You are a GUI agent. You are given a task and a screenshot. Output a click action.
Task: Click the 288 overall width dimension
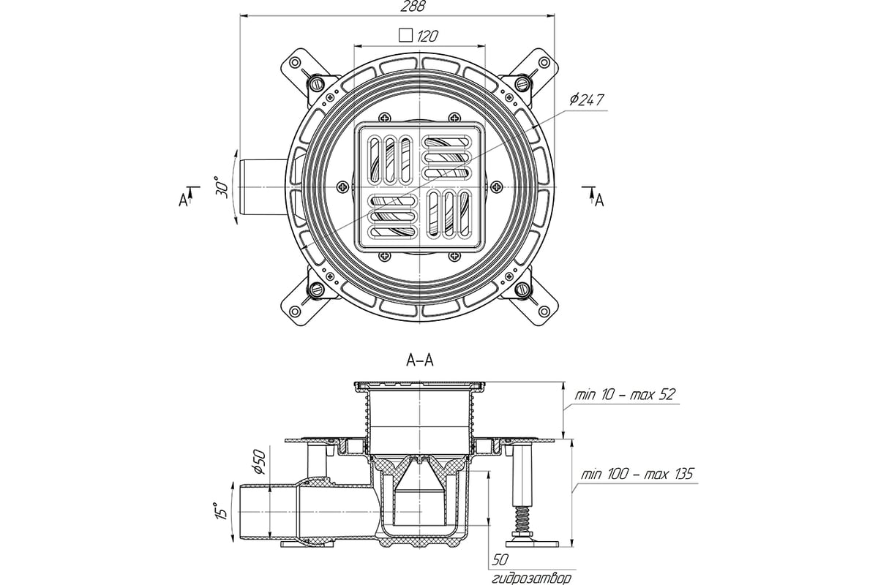pyautogui.click(x=413, y=7)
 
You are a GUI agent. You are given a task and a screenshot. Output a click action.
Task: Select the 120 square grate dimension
pyautogui.click(x=427, y=36)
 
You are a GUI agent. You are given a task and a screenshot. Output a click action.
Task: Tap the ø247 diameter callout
pyautogui.click(x=586, y=100)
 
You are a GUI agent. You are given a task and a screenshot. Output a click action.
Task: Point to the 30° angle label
pyautogui.click(x=222, y=188)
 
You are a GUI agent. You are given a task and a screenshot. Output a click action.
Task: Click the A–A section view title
pyautogui.click(x=420, y=360)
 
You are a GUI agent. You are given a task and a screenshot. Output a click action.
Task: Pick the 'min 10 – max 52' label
pyautogui.click(x=625, y=394)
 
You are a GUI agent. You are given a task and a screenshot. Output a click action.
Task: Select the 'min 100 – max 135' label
pyautogui.click(x=637, y=474)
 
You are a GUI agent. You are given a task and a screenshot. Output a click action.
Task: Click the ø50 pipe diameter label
pyautogui.click(x=259, y=462)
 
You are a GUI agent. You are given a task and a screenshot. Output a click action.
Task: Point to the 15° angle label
pyautogui.click(x=222, y=510)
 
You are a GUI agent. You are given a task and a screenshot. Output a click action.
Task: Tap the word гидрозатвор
pyautogui.click(x=531, y=578)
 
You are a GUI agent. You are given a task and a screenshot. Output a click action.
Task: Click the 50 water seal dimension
pyautogui.click(x=500, y=560)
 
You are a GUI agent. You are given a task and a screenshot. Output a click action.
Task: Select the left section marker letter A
pyautogui.click(x=183, y=200)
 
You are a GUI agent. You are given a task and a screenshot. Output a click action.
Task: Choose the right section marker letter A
pyautogui.click(x=599, y=201)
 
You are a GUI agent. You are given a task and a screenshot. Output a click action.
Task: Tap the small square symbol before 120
pyautogui.click(x=405, y=35)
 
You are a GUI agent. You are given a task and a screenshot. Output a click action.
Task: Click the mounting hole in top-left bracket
pyautogui.click(x=295, y=62)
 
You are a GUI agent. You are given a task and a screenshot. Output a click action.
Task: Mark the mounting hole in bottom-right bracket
pyautogui.click(x=544, y=312)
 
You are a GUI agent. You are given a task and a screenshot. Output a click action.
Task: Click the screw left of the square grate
pyautogui.click(x=343, y=187)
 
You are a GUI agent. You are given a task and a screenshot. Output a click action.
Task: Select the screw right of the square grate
pyautogui.click(x=497, y=187)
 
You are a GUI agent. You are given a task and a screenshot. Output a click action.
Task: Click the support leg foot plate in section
pyautogui.click(x=532, y=543)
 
